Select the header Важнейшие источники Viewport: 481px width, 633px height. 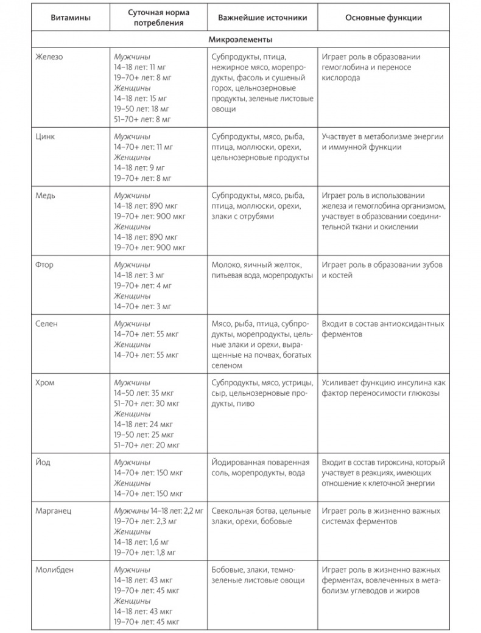coord(262,18)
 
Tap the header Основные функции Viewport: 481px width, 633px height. coord(383,18)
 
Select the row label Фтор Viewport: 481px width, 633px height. coord(46,265)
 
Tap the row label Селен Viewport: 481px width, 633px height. coord(47,324)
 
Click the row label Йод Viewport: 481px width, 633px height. coord(44,463)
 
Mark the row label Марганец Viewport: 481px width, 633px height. coord(54,511)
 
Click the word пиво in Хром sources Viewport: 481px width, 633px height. coord(246,403)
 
